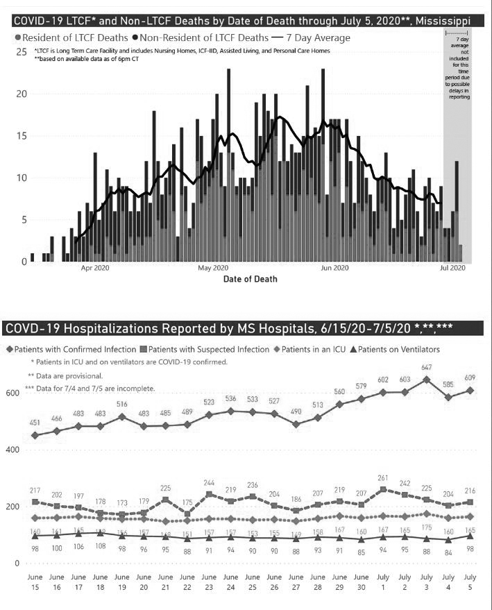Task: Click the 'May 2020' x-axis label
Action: point(213,267)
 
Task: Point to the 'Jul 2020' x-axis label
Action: point(453,267)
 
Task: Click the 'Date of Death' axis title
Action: point(251,279)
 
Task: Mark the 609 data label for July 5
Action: point(470,378)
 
